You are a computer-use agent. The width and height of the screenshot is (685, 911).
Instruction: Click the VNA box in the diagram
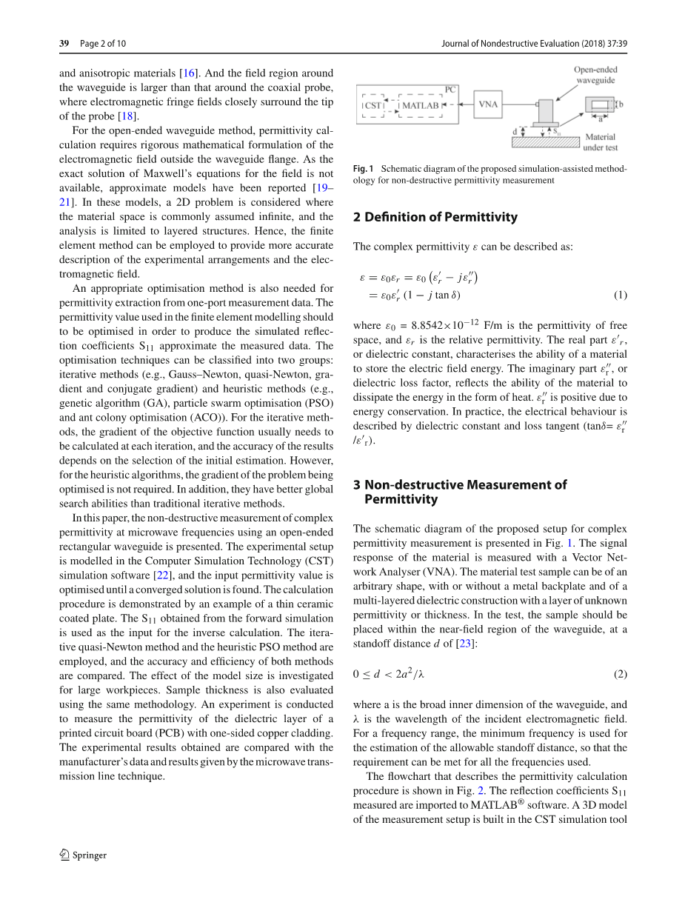coord(488,104)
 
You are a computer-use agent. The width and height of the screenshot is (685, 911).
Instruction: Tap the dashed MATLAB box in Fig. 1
coord(421,105)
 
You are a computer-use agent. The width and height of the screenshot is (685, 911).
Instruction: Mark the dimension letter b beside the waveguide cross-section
coord(621,104)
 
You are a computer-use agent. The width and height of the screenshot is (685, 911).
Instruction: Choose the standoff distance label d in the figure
coord(515,132)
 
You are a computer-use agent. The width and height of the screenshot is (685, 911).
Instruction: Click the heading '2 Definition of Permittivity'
coord(435,217)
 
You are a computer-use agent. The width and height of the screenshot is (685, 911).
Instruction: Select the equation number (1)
coord(621,295)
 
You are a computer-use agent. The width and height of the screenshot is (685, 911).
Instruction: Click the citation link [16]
coord(190,73)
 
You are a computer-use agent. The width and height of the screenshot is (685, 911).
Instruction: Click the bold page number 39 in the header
coord(64,44)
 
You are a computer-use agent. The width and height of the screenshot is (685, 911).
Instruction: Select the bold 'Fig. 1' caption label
coord(364,168)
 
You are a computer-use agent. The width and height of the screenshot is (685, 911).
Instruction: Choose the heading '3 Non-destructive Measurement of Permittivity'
coord(460,492)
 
